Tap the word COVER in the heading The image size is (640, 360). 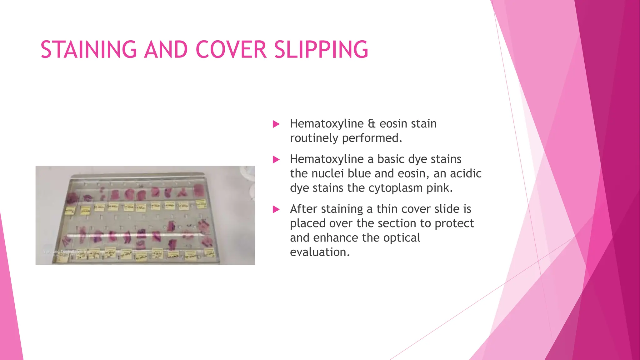point(231,50)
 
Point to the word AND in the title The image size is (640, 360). point(166,50)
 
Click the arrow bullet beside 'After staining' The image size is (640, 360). point(276,209)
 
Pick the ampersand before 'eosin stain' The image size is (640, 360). point(372,124)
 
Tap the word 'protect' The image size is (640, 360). point(454,223)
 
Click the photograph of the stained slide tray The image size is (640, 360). point(145,215)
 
